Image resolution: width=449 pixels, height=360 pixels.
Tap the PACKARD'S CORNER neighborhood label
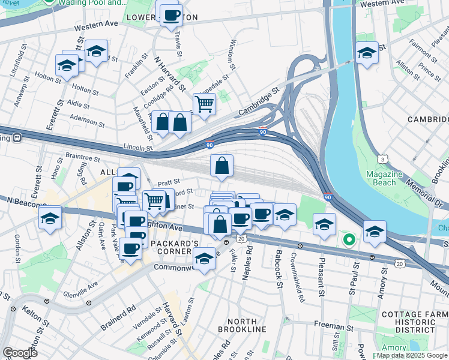click(174, 247)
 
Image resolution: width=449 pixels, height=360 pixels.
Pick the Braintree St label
click(82, 158)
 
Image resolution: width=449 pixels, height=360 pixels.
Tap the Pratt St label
click(164, 181)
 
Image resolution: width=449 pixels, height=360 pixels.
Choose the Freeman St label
click(334, 328)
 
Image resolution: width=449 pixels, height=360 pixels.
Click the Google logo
click(20, 352)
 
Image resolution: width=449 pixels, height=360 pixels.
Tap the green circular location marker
click(349, 240)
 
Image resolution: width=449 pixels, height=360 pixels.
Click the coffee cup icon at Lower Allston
click(171, 15)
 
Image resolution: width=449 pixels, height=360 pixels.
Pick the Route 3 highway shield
click(382, 158)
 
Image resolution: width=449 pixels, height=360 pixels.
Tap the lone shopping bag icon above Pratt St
click(221, 167)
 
